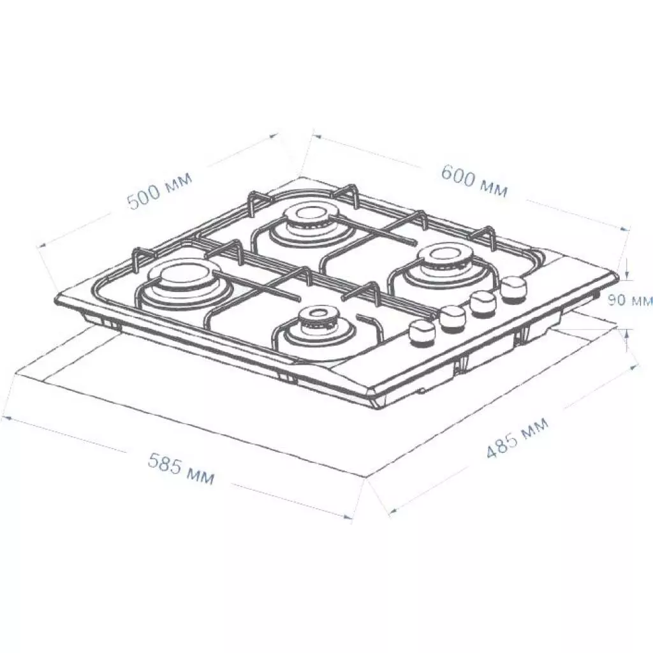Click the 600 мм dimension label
[474, 180]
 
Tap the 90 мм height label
[629, 300]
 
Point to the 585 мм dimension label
[181, 469]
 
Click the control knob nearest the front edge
[420, 332]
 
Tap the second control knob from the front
[452, 317]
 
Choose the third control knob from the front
[483, 303]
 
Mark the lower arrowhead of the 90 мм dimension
[627, 332]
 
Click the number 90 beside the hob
[616, 300]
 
